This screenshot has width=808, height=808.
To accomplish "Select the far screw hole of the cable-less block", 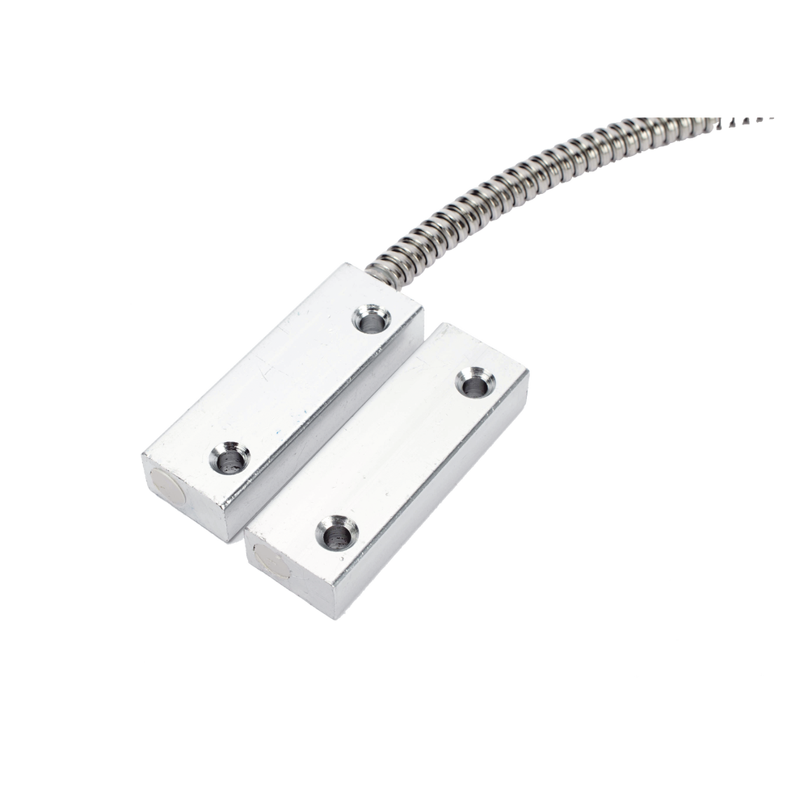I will (472, 381).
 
